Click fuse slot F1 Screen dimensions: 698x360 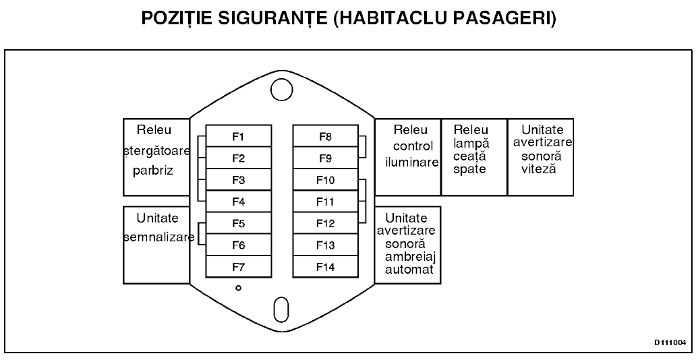[239, 136]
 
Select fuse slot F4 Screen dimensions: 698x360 [239, 202]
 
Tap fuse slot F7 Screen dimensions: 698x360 [239, 267]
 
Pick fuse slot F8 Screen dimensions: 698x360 [326, 136]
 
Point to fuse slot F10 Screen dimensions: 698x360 [326, 180]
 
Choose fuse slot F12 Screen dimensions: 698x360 [326, 223]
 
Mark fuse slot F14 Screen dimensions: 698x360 [326, 267]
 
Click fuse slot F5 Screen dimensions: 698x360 [239, 223]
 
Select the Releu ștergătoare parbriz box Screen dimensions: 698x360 [156, 157]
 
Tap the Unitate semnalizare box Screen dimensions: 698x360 [156, 245]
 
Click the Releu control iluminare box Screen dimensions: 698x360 [408, 157]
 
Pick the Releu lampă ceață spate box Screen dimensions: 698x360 [474, 157]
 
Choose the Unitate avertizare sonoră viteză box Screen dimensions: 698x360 [540, 157]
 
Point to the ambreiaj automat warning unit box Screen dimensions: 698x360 [408, 245]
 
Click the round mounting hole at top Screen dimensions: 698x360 [282, 90]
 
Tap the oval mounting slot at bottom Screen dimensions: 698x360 [281, 309]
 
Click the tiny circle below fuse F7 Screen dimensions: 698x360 [239, 289]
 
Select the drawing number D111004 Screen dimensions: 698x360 [670, 342]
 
